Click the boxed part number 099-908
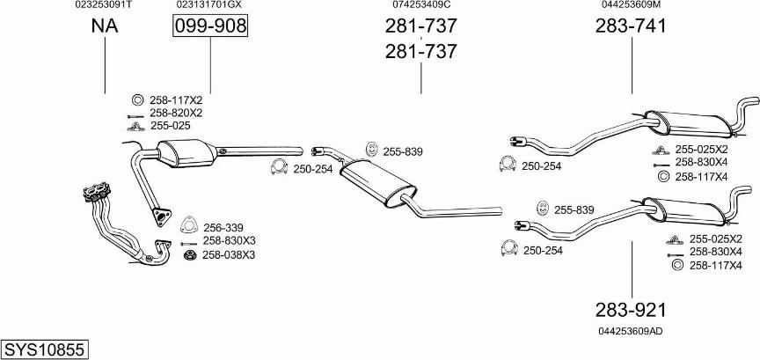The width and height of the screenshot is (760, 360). point(210,26)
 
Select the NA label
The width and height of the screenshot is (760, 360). point(105,26)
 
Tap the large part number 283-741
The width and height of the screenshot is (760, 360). point(631,26)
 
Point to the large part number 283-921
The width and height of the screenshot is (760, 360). point(631,310)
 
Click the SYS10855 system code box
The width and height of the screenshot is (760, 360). point(44,349)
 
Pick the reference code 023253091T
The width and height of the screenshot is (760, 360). point(103,4)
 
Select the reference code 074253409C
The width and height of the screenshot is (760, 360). point(421,4)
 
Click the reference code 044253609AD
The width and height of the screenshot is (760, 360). point(631,331)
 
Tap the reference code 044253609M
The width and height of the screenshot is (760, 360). point(632,4)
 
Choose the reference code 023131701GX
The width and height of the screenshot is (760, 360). point(208,4)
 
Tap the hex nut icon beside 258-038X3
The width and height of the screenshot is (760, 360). point(189,254)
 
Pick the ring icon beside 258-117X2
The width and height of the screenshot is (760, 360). point(137,100)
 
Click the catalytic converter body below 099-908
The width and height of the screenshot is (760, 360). point(187,153)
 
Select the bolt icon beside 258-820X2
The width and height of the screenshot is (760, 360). point(135,116)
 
